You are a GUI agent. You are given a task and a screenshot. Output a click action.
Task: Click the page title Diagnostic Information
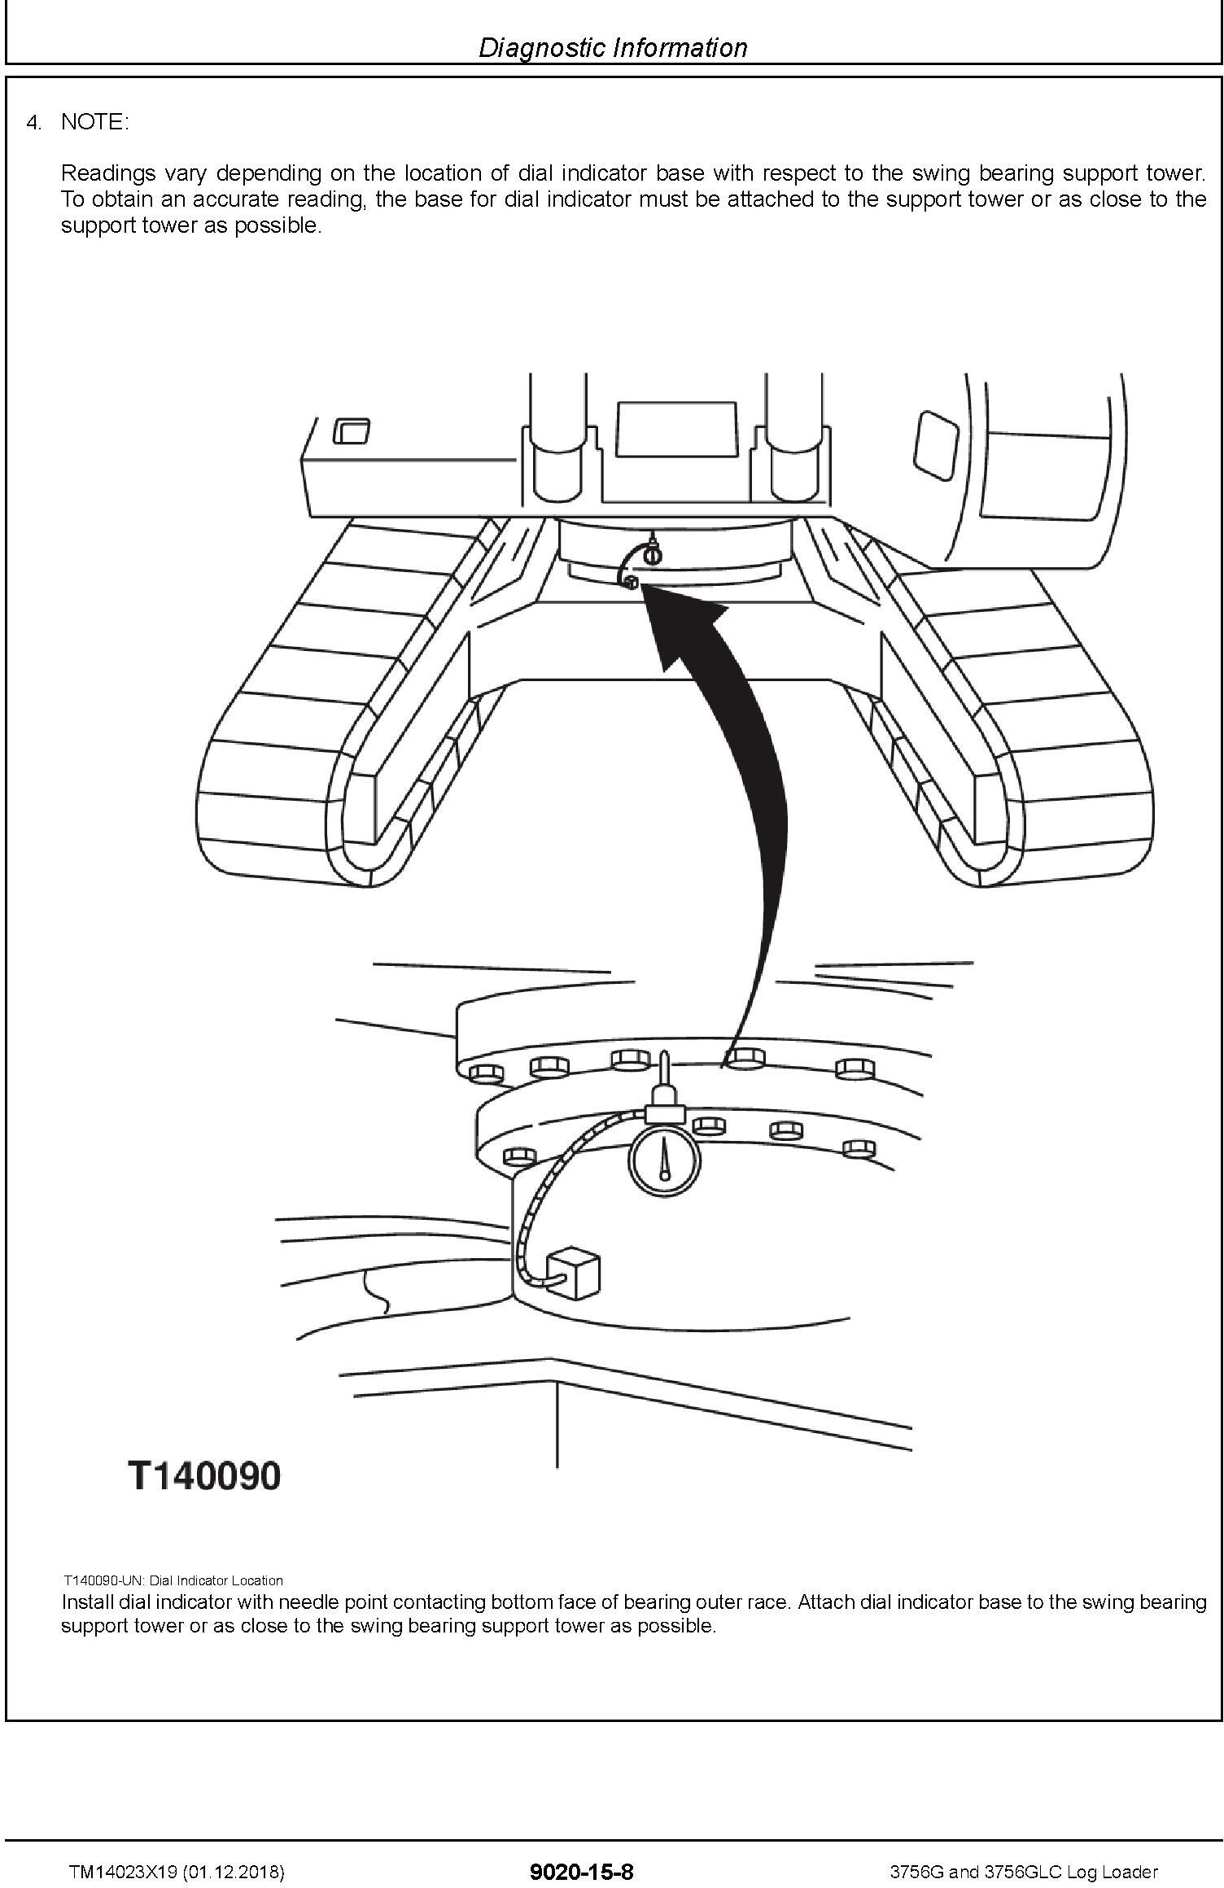pos(612,47)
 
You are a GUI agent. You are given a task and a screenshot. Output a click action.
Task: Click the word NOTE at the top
pos(94,122)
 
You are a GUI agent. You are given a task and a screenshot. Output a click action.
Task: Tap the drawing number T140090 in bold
pos(204,1475)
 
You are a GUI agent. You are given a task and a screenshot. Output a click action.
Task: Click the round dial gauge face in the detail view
pos(664,1158)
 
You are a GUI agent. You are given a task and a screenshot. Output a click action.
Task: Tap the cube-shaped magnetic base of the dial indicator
pos(573,1270)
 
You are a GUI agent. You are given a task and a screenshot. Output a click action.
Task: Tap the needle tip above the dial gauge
pos(665,1055)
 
